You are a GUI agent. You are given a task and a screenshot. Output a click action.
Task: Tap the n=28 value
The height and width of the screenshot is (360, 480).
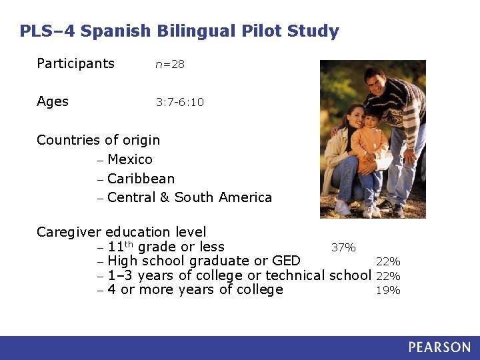click(170, 65)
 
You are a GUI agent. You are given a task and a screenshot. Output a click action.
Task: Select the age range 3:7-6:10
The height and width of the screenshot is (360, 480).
click(180, 103)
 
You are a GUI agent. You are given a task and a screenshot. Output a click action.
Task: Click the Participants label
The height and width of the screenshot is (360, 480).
click(75, 64)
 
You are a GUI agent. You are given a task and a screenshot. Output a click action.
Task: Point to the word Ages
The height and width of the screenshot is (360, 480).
click(53, 101)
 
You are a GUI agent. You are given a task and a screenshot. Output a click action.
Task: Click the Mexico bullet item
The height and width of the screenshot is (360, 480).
click(129, 159)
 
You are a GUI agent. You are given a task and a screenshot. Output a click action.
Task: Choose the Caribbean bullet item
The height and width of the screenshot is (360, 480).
click(141, 179)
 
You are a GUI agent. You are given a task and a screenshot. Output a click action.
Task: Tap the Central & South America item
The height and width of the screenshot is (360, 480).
click(189, 197)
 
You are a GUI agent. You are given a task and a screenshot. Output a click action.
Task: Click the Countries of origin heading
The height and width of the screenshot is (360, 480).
click(98, 140)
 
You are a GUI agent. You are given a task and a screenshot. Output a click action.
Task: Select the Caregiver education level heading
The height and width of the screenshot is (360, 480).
click(121, 232)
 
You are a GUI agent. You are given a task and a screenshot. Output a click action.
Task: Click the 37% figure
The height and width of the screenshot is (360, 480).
click(343, 248)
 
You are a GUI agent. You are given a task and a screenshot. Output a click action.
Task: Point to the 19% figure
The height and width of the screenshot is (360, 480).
click(389, 291)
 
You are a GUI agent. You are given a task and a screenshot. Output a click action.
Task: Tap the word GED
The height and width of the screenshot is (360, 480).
click(286, 261)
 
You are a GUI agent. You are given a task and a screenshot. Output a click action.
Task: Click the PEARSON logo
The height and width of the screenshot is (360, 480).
click(439, 347)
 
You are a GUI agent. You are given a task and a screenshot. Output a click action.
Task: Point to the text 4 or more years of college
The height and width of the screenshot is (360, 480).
click(195, 289)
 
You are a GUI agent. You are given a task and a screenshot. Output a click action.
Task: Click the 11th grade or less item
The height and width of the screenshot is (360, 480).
click(165, 247)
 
